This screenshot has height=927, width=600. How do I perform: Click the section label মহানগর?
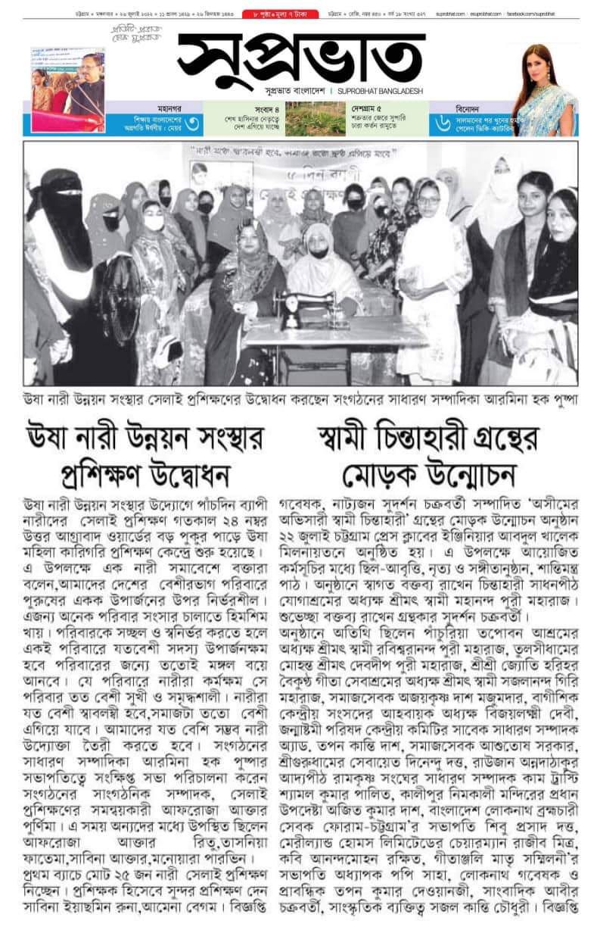tap(145, 108)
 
